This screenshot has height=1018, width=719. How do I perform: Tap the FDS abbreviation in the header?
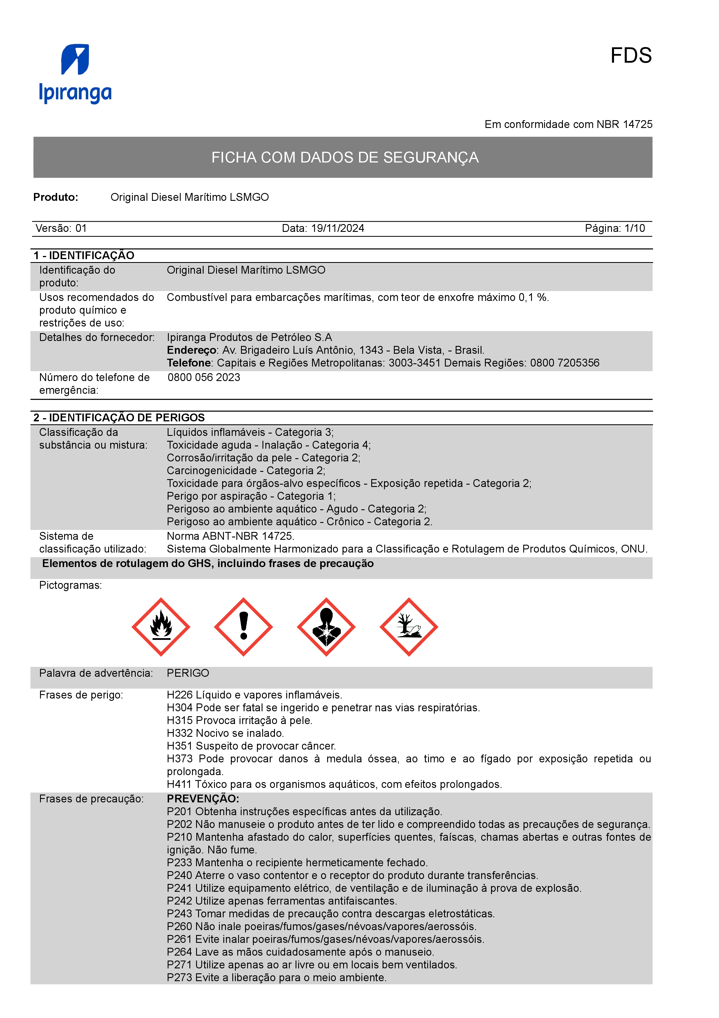[631, 56]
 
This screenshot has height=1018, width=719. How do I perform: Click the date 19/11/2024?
[338, 228]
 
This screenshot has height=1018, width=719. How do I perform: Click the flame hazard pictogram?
[161, 627]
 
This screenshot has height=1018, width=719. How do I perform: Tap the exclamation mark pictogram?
[243, 627]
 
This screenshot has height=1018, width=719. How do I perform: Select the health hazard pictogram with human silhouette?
[326, 627]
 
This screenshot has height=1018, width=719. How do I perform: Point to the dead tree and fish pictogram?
[408, 627]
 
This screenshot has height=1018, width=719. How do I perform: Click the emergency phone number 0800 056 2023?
[204, 377]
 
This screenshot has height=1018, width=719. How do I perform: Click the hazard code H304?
[180, 707]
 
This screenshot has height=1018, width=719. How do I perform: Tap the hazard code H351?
[180, 746]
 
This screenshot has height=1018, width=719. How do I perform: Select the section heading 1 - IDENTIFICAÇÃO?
[84, 255]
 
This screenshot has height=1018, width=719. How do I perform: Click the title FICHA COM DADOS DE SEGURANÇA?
[345, 157]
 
